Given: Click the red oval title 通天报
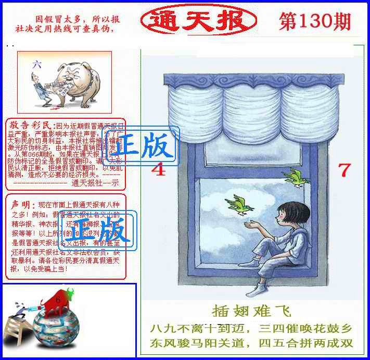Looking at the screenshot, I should click(x=198, y=21).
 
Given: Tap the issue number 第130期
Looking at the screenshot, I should click(x=314, y=21).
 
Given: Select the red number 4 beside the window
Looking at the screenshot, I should click(x=158, y=169).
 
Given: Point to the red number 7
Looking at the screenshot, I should click(x=344, y=169).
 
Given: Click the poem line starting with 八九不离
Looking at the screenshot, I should click(x=251, y=329).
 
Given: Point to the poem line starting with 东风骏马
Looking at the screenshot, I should click(x=251, y=344).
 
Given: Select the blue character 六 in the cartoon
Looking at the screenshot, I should click(x=36, y=65).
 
